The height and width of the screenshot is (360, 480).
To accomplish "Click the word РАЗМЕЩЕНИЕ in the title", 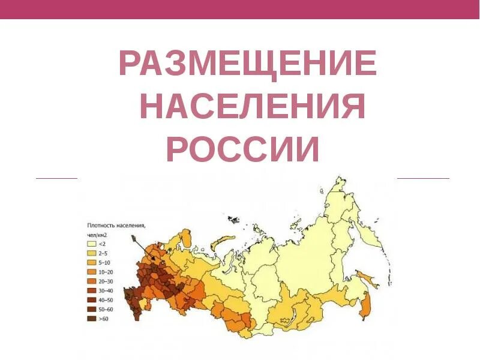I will [248, 64].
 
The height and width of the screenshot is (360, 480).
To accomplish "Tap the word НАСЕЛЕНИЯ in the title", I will [253, 107].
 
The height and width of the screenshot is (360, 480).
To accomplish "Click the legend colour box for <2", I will [92, 244].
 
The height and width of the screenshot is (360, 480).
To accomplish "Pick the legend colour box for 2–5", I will [92, 253].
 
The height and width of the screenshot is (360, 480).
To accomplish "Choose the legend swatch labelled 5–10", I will [92, 263].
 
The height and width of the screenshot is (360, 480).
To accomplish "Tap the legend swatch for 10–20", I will [92, 272].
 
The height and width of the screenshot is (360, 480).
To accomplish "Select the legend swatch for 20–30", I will [92, 281].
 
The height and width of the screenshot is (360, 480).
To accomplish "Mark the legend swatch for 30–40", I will [92, 290].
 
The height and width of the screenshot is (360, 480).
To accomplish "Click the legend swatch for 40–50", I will [92, 300].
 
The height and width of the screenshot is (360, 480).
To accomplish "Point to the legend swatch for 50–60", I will [92, 309].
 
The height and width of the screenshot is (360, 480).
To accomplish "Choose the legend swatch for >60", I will [92, 319].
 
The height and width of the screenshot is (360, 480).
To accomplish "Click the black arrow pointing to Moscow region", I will [143, 248].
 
